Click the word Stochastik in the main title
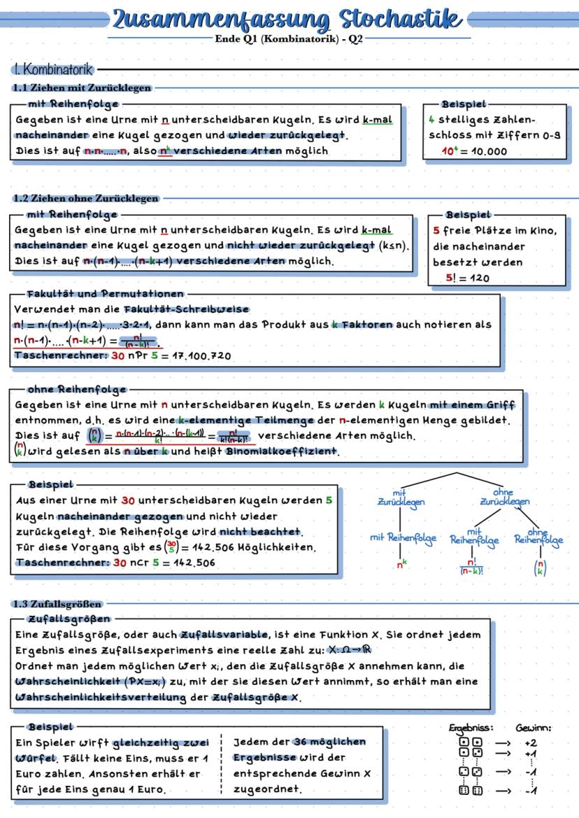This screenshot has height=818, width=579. click(x=401, y=19)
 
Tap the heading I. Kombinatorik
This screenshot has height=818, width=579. click(x=52, y=70)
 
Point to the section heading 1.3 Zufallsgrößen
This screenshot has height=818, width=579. click(x=57, y=603)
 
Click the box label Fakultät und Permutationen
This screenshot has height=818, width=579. click(x=106, y=294)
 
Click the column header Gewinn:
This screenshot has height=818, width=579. click(x=533, y=728)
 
